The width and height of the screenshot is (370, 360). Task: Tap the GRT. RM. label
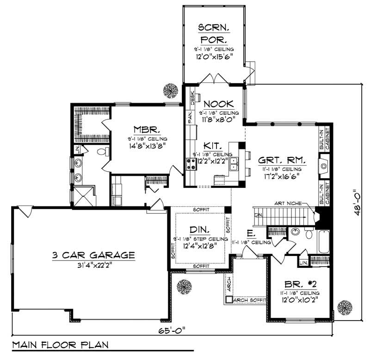tap(282, 160)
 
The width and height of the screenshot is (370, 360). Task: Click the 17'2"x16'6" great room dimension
tap(282, 176)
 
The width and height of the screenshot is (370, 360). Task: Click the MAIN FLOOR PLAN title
tap(59, 345)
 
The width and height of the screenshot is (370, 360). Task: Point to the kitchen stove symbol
tap(190, 162)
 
